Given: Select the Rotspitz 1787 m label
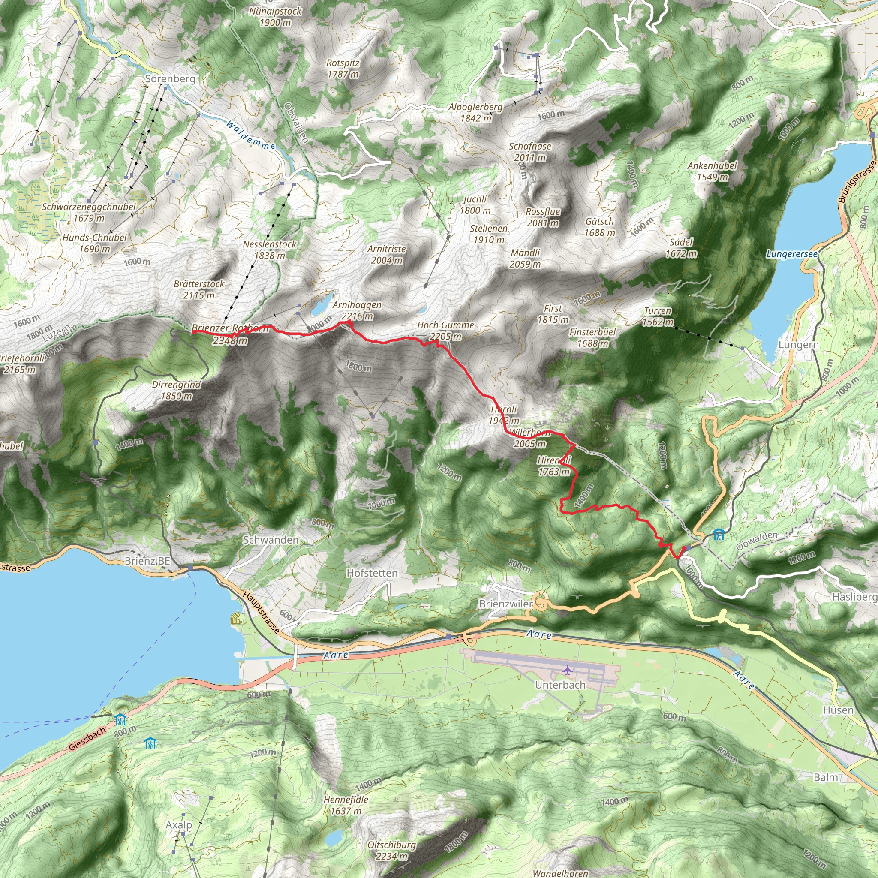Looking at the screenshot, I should click(x=343, y=68).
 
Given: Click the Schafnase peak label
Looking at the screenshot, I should click(x=530, y=146).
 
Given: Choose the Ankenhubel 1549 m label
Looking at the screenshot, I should click(x=712, y=171).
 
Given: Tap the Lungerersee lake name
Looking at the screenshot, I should click(x=792, y=254).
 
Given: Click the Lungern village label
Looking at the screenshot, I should click(x=798, y=345).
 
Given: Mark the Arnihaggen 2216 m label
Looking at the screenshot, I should click(x=357, y=310).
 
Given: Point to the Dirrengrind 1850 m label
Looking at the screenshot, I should click(x=176, y=390).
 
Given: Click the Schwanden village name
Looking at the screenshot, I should click(x=271, y=540).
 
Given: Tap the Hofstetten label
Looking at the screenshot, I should click(x=372, y=573).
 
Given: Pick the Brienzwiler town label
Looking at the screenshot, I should click(x=505, y=604).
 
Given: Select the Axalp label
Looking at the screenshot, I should click(x=179, y=825).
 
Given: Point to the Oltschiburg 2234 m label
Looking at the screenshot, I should click(x=391, y=850).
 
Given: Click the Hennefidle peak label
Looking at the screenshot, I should click(x=346, y=800).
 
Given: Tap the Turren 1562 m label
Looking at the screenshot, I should click(x=658, y=316).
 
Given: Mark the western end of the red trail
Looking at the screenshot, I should click(x=194, y=332).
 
